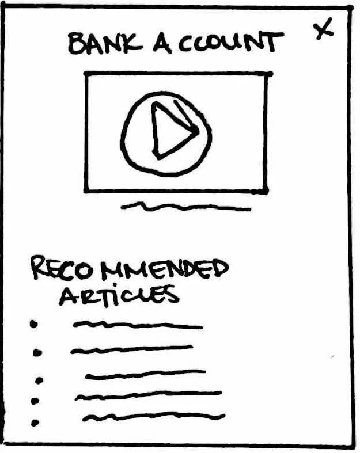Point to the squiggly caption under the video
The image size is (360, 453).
coord(186,207)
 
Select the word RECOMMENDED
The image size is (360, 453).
coord(129,269)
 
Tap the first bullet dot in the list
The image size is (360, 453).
coord(34,325)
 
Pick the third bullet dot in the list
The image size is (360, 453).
coord(40,380)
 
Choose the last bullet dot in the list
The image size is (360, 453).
coord(35,423)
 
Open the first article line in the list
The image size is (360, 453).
coord(138,326)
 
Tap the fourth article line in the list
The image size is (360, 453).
coord(148,395)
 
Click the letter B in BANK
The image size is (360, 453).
coord(76,44)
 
